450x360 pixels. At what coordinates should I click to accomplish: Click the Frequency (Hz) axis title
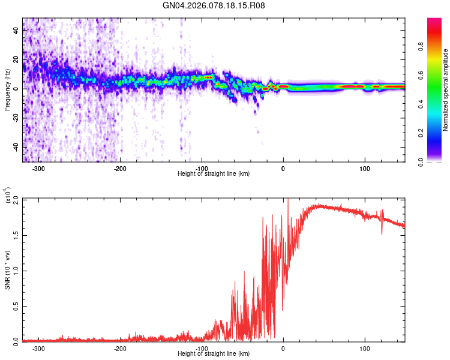tap(7, 89)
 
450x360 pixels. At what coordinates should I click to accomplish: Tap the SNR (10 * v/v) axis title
tap(7, 269)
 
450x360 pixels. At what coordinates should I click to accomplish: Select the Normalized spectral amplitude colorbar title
tap(446, 90)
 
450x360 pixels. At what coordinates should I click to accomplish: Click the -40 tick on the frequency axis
tap(15, 147)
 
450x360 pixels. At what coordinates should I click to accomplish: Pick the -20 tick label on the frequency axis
tap(15, 118)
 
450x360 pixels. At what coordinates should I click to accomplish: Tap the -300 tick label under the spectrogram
tap(39, 168)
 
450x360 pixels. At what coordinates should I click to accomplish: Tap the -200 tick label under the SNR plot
tap(120, 348)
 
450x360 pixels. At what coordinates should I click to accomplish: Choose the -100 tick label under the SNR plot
tap(202, 348)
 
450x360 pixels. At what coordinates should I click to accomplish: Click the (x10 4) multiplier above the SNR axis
tap(8, 196)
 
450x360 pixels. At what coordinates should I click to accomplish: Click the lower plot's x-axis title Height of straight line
tap(214, 353)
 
